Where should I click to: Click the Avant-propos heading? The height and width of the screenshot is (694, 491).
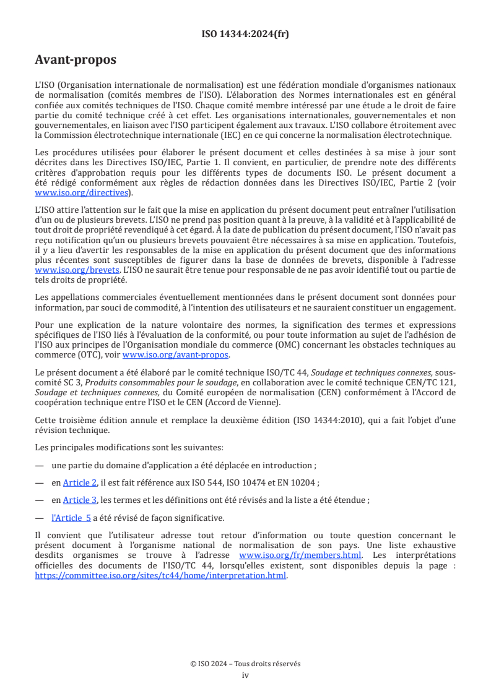click(76, 60)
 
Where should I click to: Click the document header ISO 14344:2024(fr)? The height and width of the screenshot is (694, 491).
click(245, 34)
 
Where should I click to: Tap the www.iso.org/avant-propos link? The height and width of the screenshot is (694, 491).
click(176, 354)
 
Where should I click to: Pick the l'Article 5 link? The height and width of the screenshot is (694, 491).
click(71, 518)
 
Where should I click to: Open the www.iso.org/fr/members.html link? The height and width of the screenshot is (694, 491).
click(300, 555)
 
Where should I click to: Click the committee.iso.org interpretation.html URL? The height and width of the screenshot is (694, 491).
click(161, 575)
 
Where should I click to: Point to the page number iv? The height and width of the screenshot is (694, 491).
click(245, 675)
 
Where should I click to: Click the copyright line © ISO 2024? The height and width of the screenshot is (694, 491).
click(245, 664)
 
